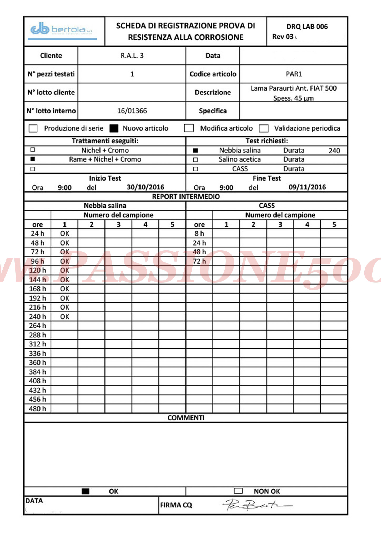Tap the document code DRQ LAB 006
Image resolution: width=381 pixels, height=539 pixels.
pyautogui.click(x=307, y=27)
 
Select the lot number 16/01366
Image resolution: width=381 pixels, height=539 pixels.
pyautogui.click(x=132, y=111)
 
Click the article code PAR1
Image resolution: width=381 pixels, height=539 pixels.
pyautogui.click(x=294, y=74)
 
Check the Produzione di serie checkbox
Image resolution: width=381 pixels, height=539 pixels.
pyautogui.click(x=33, y=128)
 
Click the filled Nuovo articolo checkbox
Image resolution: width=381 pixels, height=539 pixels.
pyautogui.click(x=114, y=128)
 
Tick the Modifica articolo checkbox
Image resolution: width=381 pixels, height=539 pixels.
pyautogui.click(x=189, y=128)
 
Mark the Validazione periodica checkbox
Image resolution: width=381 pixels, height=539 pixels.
pyautogui.click(x=263, y=128)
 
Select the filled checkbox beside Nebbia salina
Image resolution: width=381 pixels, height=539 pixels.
pyautogui.click(x=195, y=151)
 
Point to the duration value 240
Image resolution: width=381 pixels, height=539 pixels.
pyautogui.click(x=334, y=151)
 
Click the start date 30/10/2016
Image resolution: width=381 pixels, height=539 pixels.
pyautogui.click(x=145, y=187)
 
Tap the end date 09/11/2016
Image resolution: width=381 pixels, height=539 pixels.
pyautogui.click(x=307, y=187)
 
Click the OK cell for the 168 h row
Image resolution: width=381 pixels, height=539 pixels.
pyautogui.click(x=64, y=289)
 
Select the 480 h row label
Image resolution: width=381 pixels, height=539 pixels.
pyautogui.click(x=37, y=408)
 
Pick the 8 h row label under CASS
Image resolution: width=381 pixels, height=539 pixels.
pyautogui.click(x=199, y=233)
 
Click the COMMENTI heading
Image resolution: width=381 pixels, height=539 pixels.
pyautogui.click(x=186, y=418)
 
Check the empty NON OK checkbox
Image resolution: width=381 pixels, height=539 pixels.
pyautogui.click(x=238, y=491)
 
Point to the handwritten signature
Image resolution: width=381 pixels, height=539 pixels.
pyautogui.click(x=255, y=505)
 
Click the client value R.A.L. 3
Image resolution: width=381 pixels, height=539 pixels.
pyautogui.click(x=132, y=56)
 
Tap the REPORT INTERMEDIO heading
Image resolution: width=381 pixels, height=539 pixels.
pyautogui.click(x=186, y=197)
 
